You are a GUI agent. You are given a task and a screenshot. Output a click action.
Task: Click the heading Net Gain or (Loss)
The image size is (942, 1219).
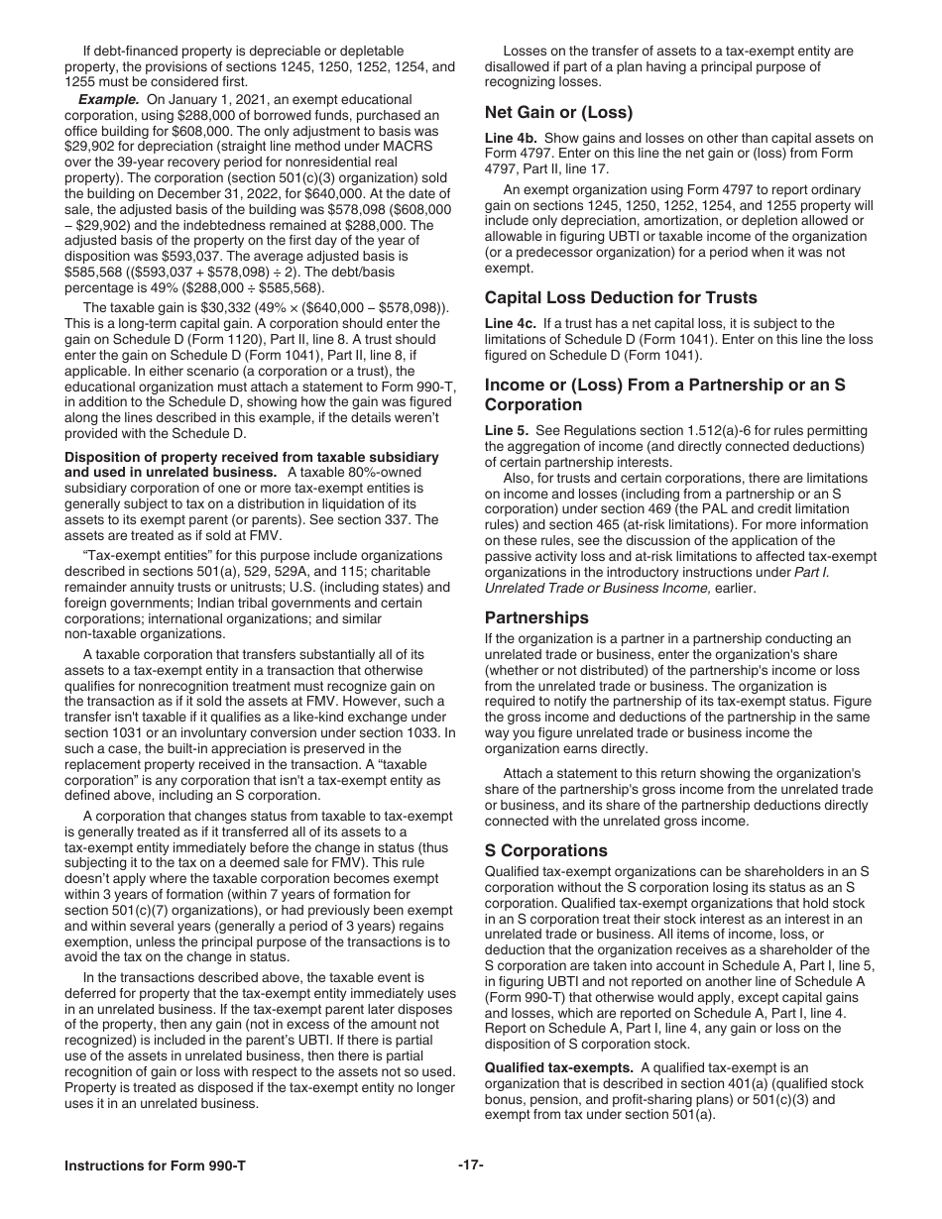tap(558, 112)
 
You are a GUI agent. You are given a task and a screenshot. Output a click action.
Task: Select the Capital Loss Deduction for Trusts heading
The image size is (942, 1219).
tap(621, 297)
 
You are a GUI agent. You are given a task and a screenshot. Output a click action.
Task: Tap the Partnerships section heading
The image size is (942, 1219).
tap(536, 617)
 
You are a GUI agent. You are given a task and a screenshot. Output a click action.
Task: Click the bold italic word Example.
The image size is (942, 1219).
tap(109, 100)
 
